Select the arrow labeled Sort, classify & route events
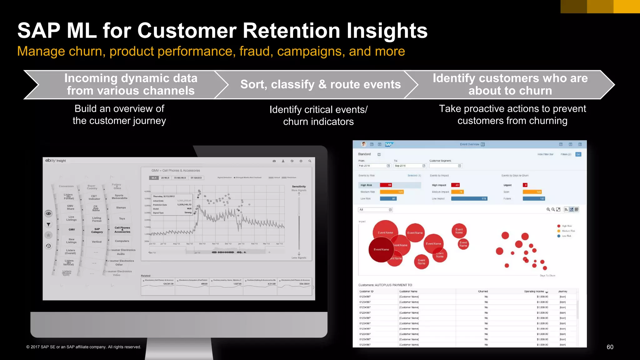point(320,84)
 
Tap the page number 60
point(610,347)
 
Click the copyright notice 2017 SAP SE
point(83,347)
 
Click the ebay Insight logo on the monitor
point(56,161)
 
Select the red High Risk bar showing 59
point(386,185)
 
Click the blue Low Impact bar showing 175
point(469,198)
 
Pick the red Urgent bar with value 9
point(525,185)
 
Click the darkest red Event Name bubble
point(381,249)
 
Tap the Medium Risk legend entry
point(568,231)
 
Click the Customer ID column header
point(366,291)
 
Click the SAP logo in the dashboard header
point(388,144)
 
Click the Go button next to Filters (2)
point(578,154)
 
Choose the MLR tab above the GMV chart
point(154,178)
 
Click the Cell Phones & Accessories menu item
point(122,230)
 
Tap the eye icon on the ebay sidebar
point(48,214)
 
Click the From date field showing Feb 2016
point(373,166)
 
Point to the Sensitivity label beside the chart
point(299,187)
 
